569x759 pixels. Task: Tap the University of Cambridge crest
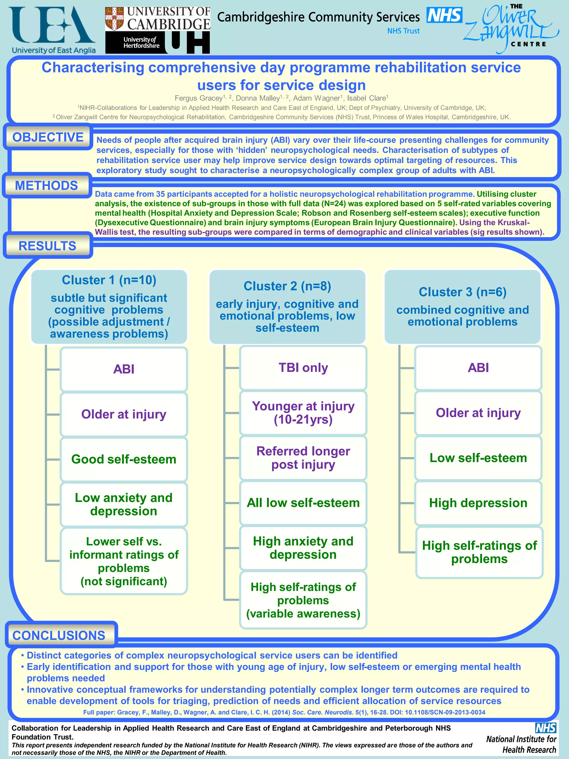114,19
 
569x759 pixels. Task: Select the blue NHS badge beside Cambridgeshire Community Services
444,16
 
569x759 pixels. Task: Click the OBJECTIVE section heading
48,137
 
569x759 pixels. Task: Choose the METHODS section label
47,186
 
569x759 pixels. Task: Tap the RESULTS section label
47,246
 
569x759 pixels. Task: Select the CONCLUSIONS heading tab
59,635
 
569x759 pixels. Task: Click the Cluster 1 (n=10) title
109,280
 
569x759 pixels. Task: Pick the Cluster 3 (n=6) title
462,292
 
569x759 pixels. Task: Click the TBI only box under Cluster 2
303,367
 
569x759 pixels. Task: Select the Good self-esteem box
124,459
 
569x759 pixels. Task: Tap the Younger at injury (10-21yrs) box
303,412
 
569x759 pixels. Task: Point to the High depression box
478,503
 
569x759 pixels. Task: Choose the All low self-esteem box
303,503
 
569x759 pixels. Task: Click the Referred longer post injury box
303,457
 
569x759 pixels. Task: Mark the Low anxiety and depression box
124,504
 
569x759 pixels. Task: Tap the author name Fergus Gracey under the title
199,98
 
